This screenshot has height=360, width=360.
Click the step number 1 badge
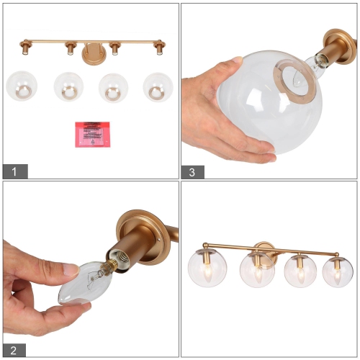15,171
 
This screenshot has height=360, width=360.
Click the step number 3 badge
193,171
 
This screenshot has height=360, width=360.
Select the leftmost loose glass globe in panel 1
21,86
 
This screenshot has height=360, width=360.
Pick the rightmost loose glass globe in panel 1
158,86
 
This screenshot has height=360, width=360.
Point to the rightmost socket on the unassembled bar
158,49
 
